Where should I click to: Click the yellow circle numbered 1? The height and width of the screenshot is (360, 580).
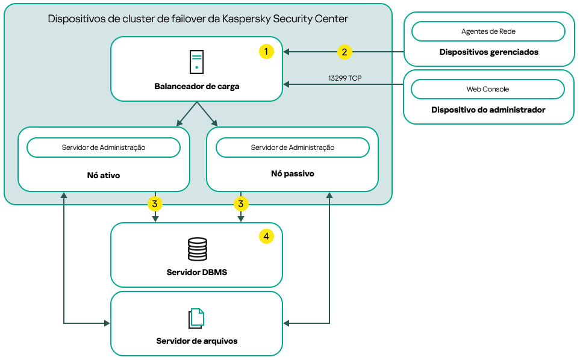[266, 52]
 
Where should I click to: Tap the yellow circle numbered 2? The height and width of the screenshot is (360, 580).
[344, 52]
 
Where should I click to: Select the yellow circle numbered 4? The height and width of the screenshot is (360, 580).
[266, 237]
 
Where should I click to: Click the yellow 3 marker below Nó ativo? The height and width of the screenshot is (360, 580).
[155, 204]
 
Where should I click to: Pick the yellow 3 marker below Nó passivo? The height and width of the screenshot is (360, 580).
[241, 204]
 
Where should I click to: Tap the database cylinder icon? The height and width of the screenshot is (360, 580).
[197, 249]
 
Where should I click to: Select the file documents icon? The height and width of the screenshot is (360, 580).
[196, 318]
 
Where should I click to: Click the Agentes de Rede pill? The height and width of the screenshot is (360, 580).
[488, 31]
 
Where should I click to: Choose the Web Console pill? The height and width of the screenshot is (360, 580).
[488, 89]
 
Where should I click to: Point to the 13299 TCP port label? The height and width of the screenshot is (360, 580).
[345, 78]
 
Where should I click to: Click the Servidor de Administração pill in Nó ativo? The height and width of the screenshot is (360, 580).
[104, 147]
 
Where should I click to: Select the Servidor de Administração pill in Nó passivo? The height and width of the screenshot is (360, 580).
[293, 147]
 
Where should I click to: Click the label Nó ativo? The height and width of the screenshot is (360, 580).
[104, 176]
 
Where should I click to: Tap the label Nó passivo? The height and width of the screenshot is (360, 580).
[293, 173]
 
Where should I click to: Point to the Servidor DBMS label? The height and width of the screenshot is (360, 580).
[197, 272]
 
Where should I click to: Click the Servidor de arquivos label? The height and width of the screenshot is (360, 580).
[197, 341]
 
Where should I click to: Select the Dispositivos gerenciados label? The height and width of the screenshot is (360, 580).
[488, 52]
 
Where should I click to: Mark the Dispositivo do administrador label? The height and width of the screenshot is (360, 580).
[488, 110]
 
